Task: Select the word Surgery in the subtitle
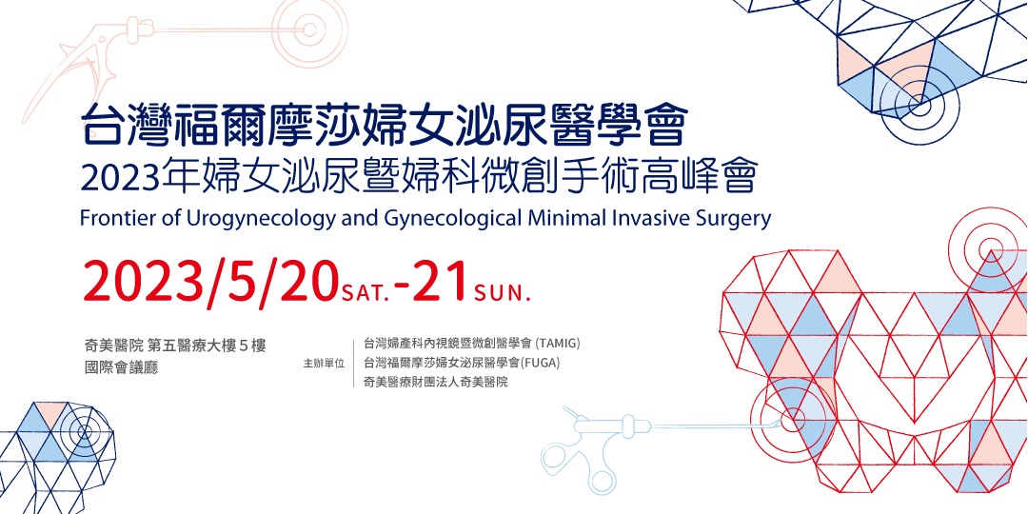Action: coord(734,218)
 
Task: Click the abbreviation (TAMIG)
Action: coord(557,343)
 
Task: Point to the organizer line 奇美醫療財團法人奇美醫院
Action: coord(436,382)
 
